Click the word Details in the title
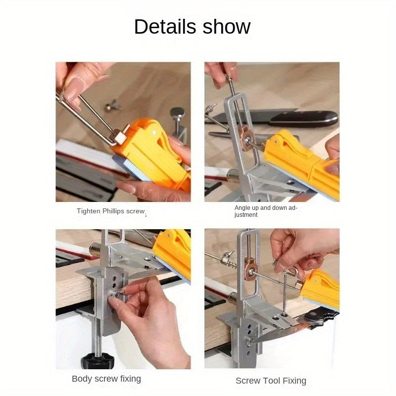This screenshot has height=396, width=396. coord(165,27)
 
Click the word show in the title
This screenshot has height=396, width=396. coord(227,27)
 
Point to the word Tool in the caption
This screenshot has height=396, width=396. coord(271,381)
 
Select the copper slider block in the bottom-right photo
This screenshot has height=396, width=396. coord(250,268)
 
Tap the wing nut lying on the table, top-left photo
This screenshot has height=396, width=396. coord(111,105)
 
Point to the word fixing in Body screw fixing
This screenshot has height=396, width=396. coord(130,379)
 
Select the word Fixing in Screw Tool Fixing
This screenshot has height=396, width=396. coord(294,381)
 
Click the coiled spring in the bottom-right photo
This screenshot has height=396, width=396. coord(232,264)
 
